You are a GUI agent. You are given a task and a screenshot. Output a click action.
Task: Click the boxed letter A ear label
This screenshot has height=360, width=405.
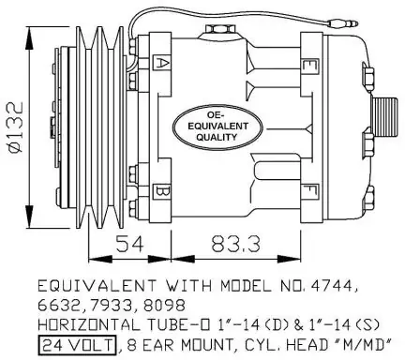click(161, 64)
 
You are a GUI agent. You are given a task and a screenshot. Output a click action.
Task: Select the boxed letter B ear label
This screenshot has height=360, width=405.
click(161, 192)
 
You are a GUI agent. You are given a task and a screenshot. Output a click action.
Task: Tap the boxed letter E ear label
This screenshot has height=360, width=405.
click(309, 66)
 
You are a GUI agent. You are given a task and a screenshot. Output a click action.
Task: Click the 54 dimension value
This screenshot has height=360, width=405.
click(130, 244)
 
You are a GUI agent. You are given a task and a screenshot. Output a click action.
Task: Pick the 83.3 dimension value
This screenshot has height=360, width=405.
click(235, 244)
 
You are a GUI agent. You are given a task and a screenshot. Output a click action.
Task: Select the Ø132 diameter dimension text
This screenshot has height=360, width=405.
click(16, 127)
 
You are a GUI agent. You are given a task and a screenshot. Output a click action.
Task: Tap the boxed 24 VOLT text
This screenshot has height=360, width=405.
click(77, 345)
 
